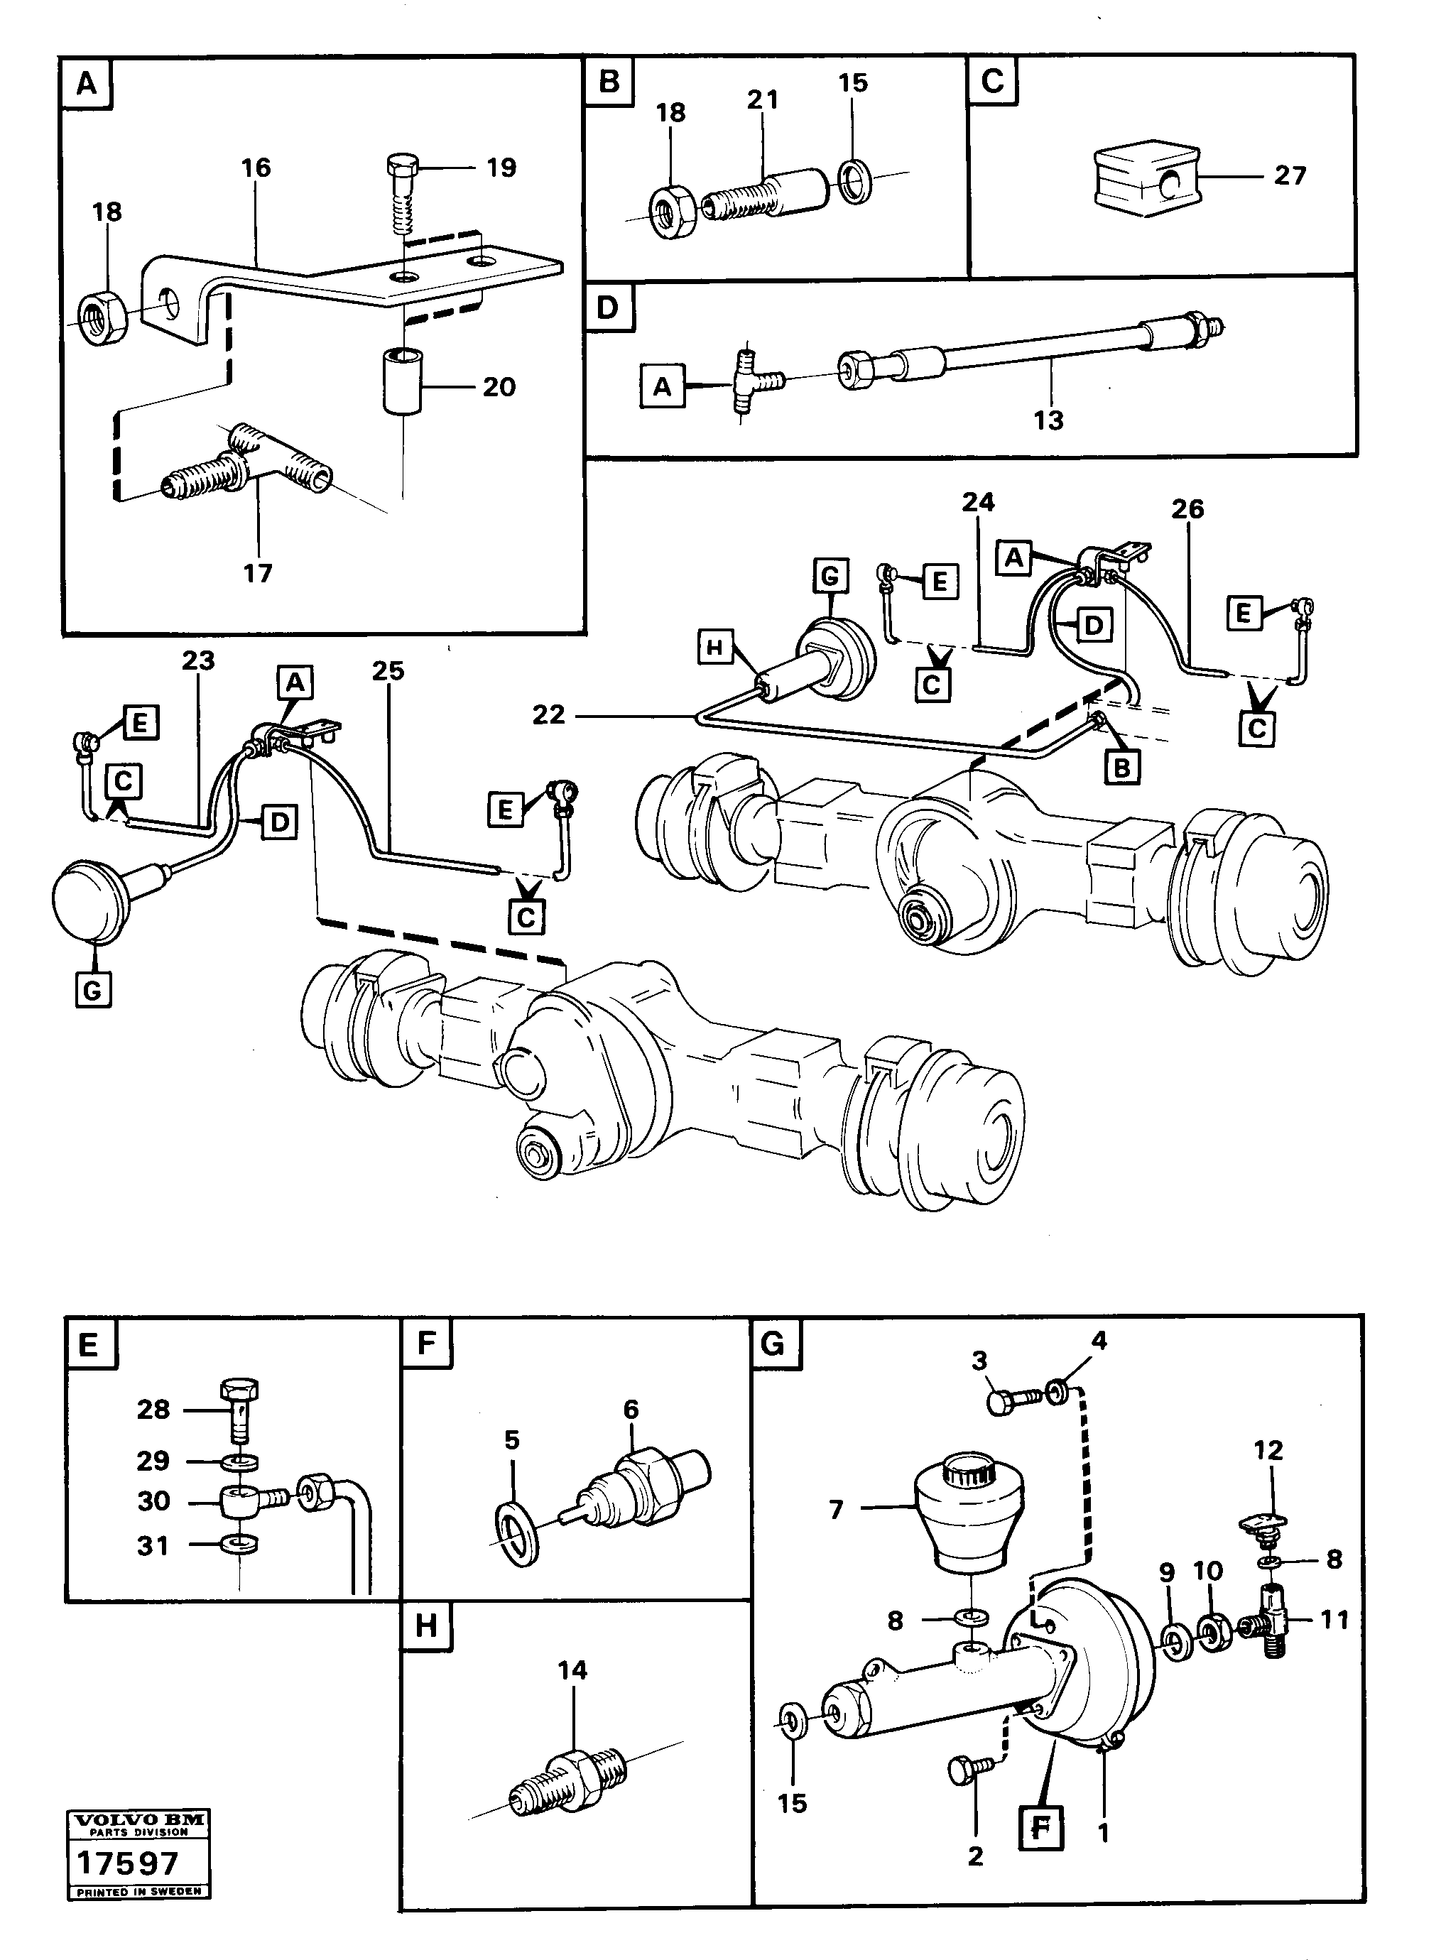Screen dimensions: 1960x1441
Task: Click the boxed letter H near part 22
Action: coord(715,648)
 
